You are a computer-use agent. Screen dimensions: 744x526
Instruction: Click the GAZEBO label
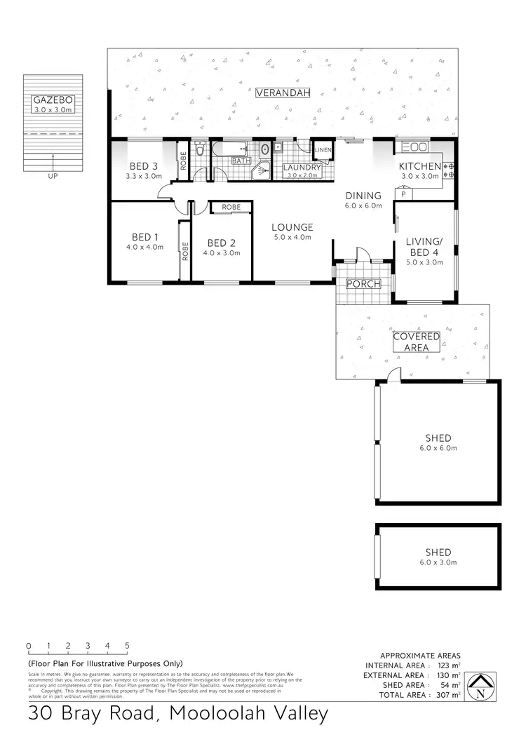tap(53, 100)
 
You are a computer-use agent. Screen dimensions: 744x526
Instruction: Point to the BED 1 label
tap(144, 236)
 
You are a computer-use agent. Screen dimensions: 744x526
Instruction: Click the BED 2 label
tap(222, 243)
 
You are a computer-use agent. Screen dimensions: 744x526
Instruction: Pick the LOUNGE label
tap(292, 227)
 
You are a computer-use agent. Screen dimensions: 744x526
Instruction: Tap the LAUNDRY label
tap(302, 168)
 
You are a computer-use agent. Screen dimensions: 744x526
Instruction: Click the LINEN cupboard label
tap(323, 150)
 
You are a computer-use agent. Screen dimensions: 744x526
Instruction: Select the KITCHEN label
tap(419, 166)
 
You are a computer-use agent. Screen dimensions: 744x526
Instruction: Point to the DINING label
tap(363, 196)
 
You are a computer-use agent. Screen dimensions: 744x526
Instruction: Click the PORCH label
tap(363, 284)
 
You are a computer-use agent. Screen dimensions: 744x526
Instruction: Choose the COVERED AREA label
tap(416, 341)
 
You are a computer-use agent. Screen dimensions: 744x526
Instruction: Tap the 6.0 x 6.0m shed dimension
tap(438, 448)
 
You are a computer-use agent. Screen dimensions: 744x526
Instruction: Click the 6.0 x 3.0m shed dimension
tap(438, 562)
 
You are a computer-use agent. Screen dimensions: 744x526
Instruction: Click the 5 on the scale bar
tap(127, 645)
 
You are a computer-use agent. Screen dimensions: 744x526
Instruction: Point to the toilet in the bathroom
tap(201, 150)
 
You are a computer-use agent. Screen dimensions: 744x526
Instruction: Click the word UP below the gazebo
tap(53, 176)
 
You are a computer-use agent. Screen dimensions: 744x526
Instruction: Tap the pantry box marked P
tap(403, 194)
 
